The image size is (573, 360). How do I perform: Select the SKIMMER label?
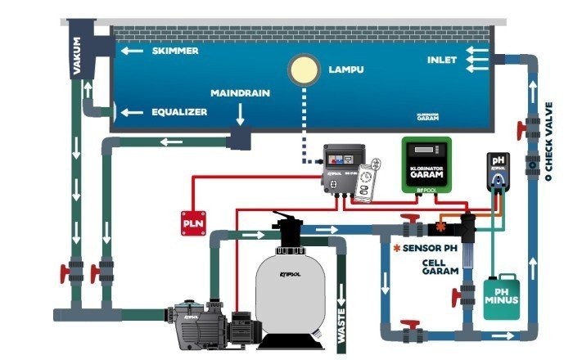tap(174, 51)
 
